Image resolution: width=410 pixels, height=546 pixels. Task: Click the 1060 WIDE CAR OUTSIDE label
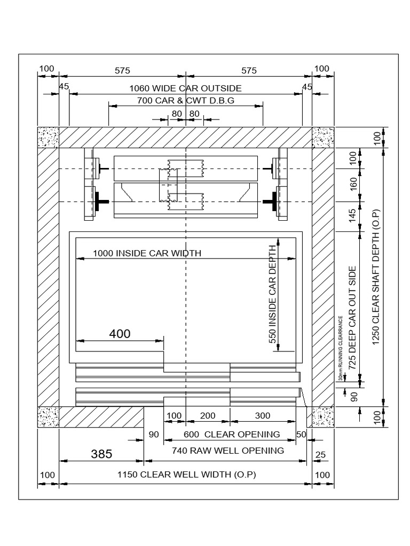pos(185,88)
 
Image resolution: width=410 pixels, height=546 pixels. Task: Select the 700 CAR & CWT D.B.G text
pos(185,100)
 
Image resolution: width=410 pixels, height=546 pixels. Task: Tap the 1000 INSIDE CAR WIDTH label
pos(147,253)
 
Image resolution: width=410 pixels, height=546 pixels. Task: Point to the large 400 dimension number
pos(120,334)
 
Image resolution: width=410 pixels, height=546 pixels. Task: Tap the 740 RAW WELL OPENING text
pos(228,451)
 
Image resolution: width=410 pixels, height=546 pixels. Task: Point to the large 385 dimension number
pos(101,454)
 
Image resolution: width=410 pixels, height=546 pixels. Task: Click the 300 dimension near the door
pos(262,416)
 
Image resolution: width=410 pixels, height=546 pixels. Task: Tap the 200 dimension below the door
pos(208,416)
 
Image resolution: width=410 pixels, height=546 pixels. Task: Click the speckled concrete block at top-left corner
pos(48,137)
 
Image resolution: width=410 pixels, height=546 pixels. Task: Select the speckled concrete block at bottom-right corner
pos(323,417)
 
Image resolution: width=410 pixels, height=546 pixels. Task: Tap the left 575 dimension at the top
pos(122,70)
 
